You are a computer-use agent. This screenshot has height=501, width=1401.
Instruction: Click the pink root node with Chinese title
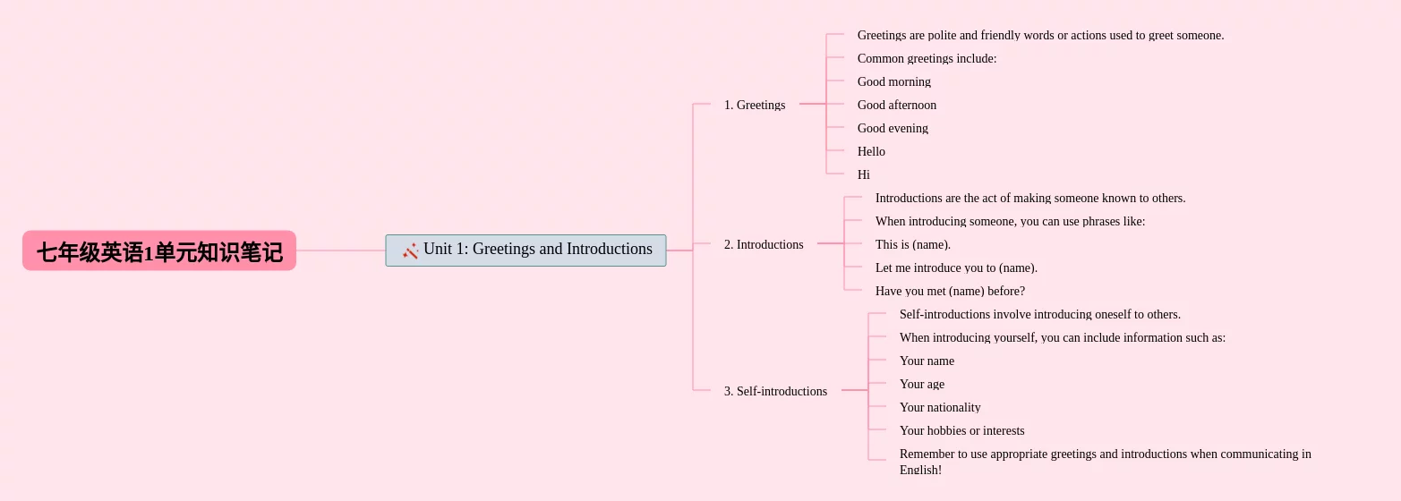(x=159, y=251)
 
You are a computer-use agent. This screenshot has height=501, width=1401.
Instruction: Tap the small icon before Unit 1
(x=411, y=250)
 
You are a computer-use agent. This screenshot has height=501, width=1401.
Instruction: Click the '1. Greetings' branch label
(x=755, y=105)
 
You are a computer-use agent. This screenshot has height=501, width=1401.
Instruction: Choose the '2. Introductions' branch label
(x=764, y=244)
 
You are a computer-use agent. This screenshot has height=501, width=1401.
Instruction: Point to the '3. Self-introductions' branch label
(x=775, y=391)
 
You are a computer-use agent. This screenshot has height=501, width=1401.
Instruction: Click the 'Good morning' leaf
(x=894, y=81)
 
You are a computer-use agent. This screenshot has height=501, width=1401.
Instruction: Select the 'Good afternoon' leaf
(x=897, y=105)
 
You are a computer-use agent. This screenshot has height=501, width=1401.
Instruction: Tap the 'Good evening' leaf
(x=893, y=128)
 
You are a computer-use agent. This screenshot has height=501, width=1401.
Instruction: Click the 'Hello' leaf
(x=871, y=151)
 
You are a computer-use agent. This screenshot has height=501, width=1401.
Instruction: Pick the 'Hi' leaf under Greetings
(x=864, y=174)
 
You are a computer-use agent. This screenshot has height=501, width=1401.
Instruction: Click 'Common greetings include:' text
(x=927, y=58)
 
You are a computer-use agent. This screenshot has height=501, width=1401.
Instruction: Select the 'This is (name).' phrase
(x=913, y=244)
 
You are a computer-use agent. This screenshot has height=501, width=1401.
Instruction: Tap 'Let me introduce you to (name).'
(x=956, y=267)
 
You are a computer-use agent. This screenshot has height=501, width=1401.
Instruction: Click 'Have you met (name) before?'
(x=950, y=291)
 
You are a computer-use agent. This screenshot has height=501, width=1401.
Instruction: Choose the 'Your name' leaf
(x=927, y=361)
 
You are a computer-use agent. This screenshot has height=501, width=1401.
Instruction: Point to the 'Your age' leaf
(x=922, y=384)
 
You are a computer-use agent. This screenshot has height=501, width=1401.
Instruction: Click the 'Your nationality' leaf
(x=940, y=407)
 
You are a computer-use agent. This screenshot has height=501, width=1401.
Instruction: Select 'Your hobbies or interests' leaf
(x=961, y=430)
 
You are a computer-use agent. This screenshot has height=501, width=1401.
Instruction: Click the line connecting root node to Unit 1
(x=340, y=250)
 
